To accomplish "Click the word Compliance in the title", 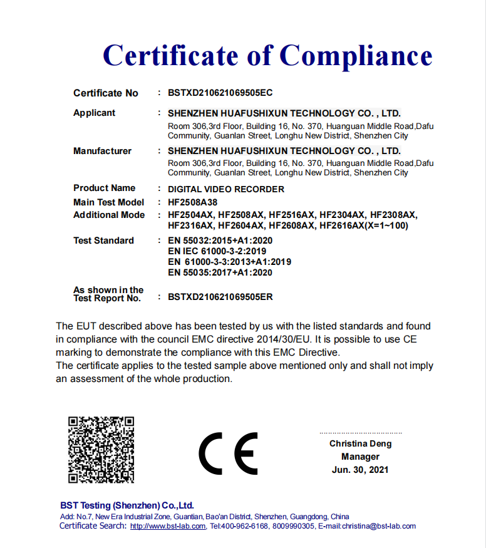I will tap(356, 56).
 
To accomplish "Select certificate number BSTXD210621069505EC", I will tap(220, 93).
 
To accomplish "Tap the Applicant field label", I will tap(95, 113).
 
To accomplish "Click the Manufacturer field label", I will tap(103, 151).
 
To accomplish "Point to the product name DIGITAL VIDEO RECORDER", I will tap(226, 189).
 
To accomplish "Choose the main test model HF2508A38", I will tap(193, 202).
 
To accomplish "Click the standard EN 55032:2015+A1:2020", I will tap(220, 240).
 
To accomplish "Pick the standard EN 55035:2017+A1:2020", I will tap(220, 272).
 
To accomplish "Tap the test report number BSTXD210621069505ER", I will tap(220, 297).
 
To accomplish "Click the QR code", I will tap(101, 450).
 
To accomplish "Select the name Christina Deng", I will tap(360, 443).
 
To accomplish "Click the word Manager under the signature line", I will tap(360, 457).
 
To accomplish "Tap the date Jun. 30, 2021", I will tap(360, 470).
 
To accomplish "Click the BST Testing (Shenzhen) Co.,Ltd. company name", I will tap(127, 505).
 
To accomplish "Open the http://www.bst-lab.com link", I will tap(168, 527).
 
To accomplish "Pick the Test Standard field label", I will tap(103, 240).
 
